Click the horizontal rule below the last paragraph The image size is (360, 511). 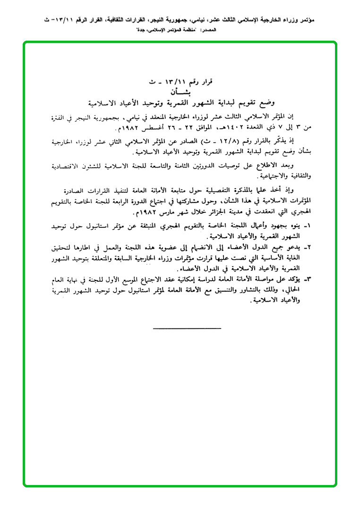coord(187,328)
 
